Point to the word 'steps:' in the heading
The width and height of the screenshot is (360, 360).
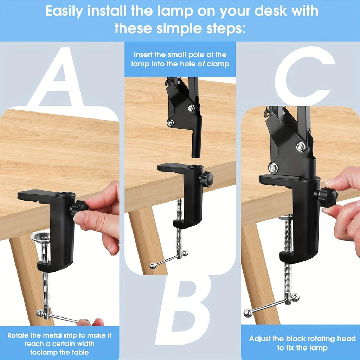[x=218, y=28]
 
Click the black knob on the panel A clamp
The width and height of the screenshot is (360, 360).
[x=78, y=207]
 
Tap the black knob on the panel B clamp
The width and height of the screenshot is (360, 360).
[x=206, y=179]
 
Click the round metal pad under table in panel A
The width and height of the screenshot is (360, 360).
[x=40, y=237]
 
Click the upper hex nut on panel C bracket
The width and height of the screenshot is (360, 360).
[x=301, y=147]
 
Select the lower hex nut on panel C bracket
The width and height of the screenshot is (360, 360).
[x=274, y=168]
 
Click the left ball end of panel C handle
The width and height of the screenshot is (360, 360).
[x=248, y=313]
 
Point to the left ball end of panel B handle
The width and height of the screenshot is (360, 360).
[x=153, y=266]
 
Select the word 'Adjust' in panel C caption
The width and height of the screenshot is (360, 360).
[x=262, y=339]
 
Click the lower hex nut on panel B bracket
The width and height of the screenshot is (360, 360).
[x=171, y=123]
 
